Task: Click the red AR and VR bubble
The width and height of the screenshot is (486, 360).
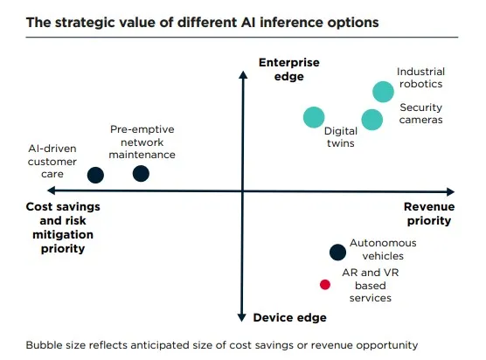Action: point(325,284)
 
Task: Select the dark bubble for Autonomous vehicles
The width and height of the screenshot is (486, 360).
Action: point(337,253)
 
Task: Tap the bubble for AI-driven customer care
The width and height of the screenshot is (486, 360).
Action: point(95,175)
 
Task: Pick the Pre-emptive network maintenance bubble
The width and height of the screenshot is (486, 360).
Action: point(141,174)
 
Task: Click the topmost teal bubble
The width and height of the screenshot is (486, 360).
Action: point(383,92)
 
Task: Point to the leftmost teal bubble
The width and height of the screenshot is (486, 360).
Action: point(314,117)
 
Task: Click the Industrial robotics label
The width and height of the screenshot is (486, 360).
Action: point(420,78)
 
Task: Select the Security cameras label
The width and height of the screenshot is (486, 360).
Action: point(420,114)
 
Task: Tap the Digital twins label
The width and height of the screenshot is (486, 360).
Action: point(341,137)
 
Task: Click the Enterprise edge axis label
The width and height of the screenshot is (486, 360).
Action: point(288,69)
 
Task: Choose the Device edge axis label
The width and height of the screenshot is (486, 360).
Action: point(290,317)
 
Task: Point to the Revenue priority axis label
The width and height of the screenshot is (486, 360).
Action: point(429,213)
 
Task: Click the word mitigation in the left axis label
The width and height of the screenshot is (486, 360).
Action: point(63,234)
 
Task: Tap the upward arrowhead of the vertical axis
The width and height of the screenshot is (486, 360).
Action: point(243,74)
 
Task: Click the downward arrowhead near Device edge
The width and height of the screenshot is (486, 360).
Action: point(242,317)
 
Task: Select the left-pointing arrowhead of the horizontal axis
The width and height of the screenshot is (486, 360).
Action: point(52,190)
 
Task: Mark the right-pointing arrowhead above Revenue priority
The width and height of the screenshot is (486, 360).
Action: point(451,191)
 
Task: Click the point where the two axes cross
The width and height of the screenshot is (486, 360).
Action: point(243,191)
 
